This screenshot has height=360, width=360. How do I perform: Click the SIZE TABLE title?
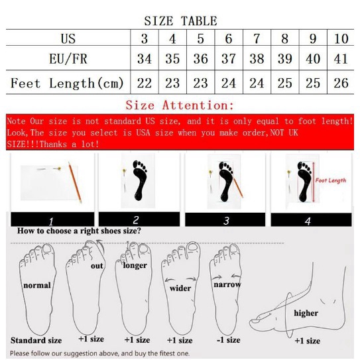tap(180, 21)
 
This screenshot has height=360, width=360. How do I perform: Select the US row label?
tap(68, 38)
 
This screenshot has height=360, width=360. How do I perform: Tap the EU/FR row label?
tap(68, 59)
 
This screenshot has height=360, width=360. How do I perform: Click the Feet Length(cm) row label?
tap(68, 84)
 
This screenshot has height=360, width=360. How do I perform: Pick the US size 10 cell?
tap(341, 38)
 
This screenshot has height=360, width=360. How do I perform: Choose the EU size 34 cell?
tap(145, 59)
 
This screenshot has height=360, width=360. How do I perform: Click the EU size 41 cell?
tap(341, 59)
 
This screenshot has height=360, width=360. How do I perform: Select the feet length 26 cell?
tap(341, 84)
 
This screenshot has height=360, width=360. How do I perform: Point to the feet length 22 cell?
tap(145, 84)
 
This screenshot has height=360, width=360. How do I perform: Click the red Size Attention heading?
tap(180, 105)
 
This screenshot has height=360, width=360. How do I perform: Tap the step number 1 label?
tap(51, 221)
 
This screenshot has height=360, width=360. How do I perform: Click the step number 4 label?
tap(308, 221)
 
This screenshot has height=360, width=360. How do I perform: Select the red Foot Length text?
tap(330, 180)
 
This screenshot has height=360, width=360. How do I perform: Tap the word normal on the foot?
tap(37, 286)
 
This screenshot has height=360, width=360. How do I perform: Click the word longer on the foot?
tap(135, 266)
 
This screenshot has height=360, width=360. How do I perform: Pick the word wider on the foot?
tap(180, 288)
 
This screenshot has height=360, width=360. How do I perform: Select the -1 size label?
tap(228, 340)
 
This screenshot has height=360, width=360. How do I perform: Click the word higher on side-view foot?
tap(306, 313)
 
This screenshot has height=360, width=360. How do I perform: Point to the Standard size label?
tap(36, 341)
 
